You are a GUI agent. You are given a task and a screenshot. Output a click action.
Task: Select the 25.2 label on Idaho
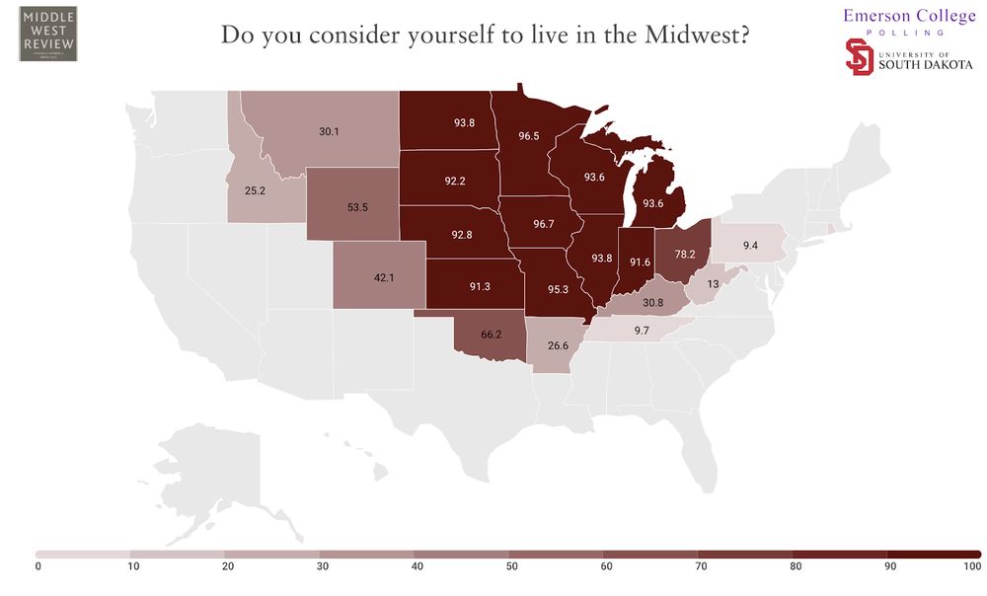(x=256, y=190)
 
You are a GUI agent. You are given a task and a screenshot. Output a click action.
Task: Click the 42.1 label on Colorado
(x=383, y=277)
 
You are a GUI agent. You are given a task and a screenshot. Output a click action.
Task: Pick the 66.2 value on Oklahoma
(x=485, y=335)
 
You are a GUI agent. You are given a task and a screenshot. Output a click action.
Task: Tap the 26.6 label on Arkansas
(x=559, y=345)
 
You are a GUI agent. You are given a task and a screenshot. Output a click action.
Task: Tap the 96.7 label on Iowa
(x=544, y=224)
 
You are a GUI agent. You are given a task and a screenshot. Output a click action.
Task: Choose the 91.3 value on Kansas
(x=481, y=286)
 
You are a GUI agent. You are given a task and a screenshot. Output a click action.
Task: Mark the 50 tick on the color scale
(x=509, y=566)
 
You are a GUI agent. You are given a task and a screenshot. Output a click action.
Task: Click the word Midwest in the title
(x=687, y=35)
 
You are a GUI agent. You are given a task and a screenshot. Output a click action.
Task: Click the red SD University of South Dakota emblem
(x=860, y=56)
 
